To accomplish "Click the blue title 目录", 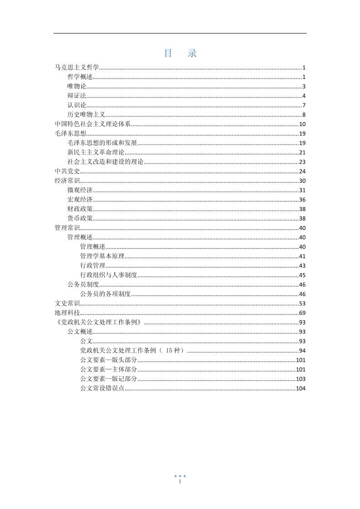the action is (180, 53).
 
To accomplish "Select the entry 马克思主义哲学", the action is (77, 68).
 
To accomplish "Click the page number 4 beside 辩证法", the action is (304, 96).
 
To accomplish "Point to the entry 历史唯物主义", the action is (86, 114).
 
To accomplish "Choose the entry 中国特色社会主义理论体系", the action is (93, 124).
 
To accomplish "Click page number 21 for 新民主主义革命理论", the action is (302, 152).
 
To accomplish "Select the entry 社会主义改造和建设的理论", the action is (105, 162).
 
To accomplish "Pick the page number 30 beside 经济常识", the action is (302, 181).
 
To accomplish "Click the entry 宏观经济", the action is (80, 200).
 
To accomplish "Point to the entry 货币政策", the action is (80, 218).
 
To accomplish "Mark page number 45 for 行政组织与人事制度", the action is (302, 275).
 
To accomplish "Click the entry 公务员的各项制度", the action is (105, 294).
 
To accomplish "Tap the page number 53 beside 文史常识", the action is (302, 303).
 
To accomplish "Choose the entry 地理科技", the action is (67, 313).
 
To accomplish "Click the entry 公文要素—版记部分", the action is (108, 379).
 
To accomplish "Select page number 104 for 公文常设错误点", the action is (301, 388).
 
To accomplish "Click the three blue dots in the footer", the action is (180, 476).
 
